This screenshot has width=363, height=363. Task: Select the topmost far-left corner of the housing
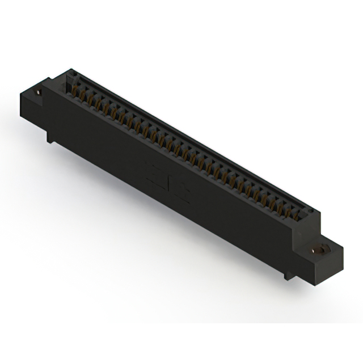click(x=70, y=70)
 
